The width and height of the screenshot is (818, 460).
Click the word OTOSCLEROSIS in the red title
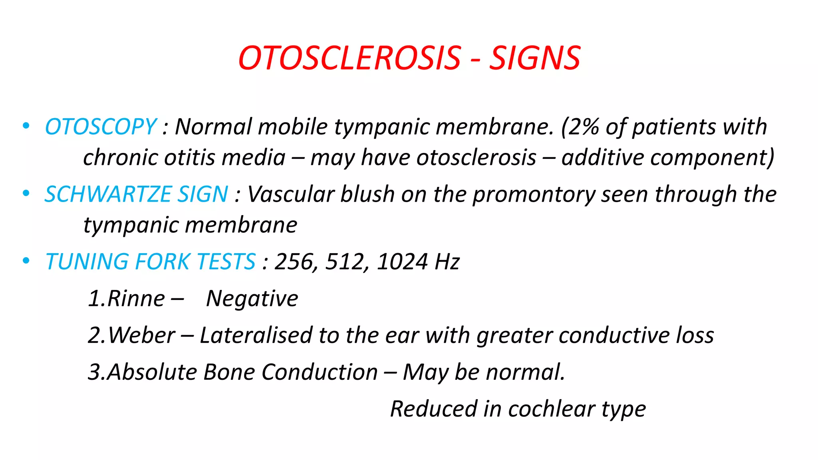(350, 58)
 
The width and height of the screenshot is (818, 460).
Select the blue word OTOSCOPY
(101, 127)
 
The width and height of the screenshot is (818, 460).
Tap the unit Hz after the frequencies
(447, 262)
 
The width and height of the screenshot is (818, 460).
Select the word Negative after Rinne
(252, 299)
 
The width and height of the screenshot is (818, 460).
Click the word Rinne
(136, 299)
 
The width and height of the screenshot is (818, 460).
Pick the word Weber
(141, 335)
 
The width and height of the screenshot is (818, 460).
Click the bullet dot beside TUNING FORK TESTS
(26, 261)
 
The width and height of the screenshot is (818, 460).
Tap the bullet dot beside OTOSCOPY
(26, 126)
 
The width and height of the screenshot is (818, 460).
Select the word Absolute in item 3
(152, 372)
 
